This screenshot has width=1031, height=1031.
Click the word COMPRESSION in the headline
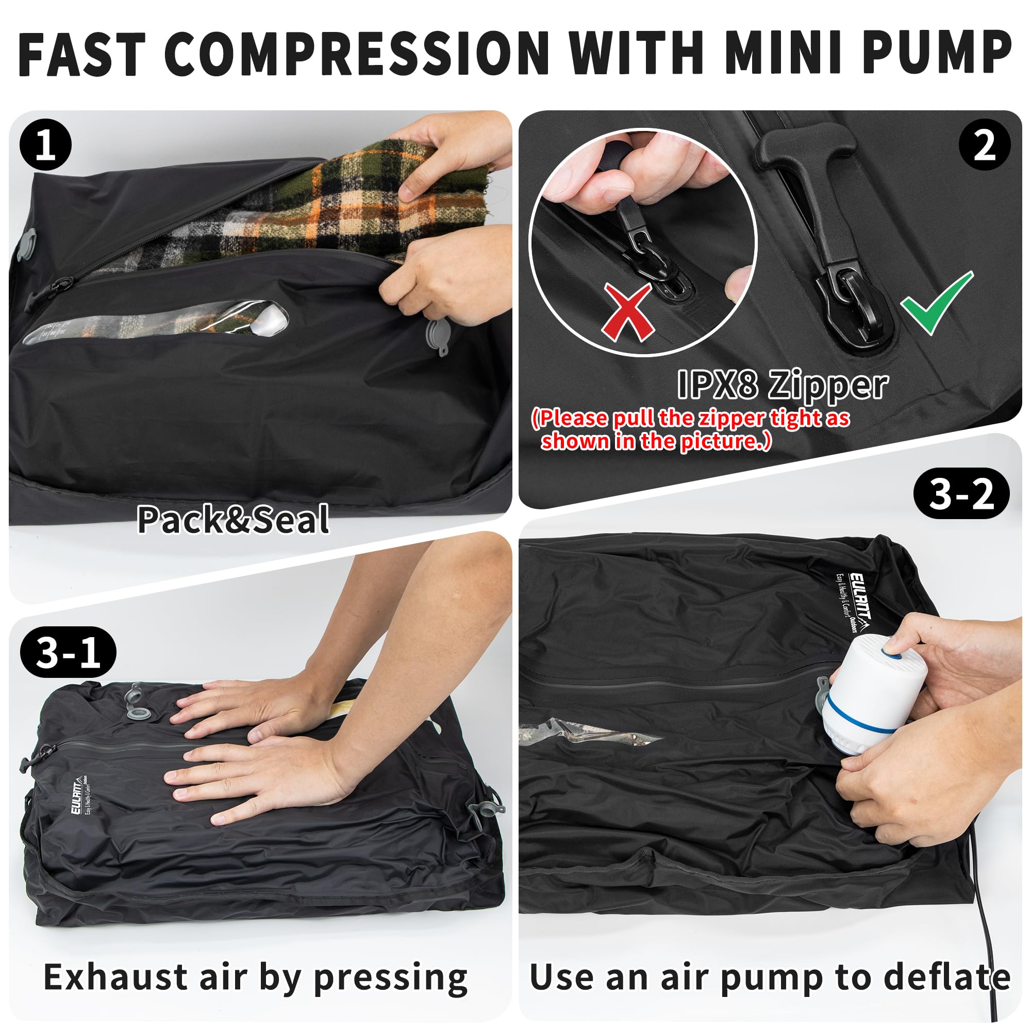[357, 55]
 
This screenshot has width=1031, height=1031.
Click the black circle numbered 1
[45, 145]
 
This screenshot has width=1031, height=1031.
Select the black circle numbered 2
[985, 145]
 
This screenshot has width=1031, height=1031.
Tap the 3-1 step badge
[68, 652]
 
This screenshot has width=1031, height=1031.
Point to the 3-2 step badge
[961, 494]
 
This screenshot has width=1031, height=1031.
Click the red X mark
[628, 312]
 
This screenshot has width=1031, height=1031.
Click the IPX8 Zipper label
[783, 384]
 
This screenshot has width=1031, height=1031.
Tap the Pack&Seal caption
[233, 519]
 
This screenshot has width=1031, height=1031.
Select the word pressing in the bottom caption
[390, 977]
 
